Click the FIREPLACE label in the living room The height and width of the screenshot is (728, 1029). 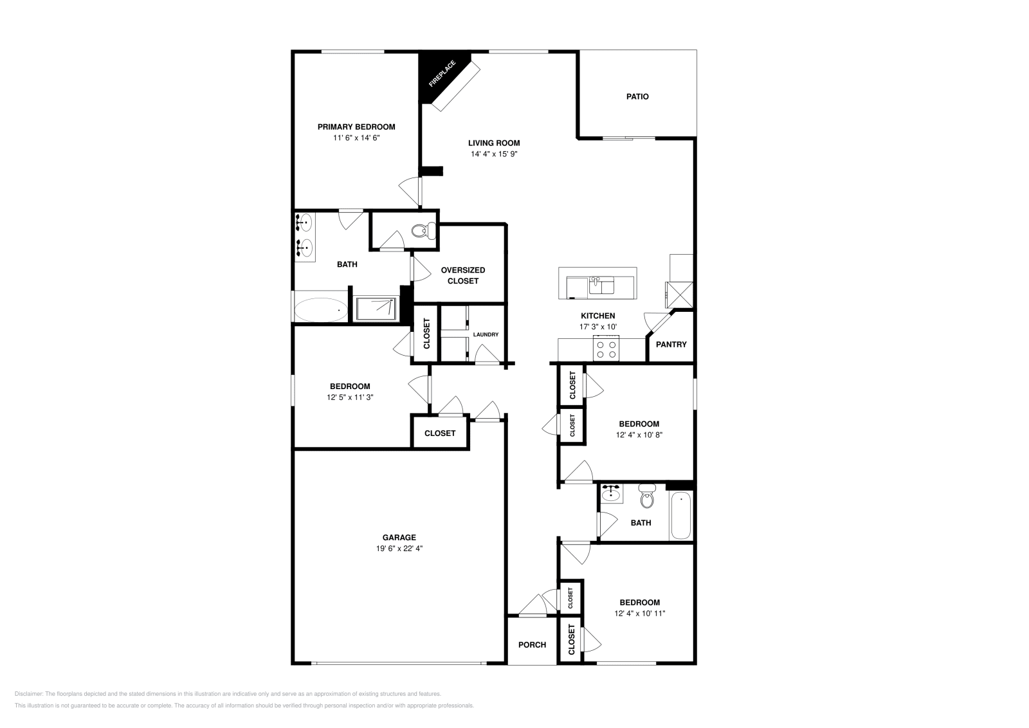coord(442,74)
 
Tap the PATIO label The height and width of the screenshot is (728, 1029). coord(637,96)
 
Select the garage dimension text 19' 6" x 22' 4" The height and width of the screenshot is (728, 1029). coord(399,549)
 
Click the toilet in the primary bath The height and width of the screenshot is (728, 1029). coord(422,230)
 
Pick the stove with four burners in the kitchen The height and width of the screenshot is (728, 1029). coord(606,349)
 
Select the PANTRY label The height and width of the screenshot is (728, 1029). coord(671,344)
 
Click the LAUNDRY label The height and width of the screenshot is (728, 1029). coord(486,334)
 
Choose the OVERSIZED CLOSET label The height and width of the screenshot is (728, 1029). coord(463,275)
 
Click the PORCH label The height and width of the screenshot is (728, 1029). coord(532,644)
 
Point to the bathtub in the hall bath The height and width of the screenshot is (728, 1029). coord(680,516)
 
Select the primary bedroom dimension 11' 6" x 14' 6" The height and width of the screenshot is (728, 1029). coord(356,138)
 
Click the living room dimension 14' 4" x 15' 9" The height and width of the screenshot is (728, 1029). coord(494,154)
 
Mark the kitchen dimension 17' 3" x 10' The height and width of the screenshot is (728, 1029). coord(598,327)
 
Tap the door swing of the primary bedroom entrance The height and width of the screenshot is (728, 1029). coord(409,190)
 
